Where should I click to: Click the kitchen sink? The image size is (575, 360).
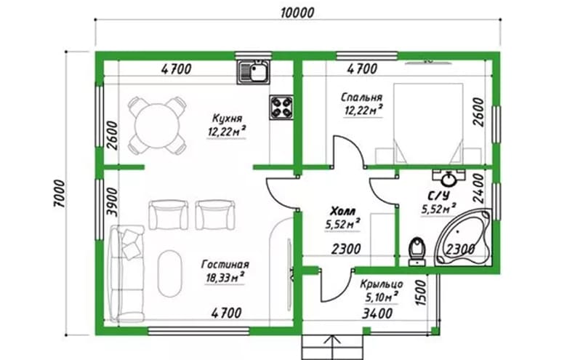click(x=254, y=71)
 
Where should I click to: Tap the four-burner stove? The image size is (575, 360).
click(x=281, y=107)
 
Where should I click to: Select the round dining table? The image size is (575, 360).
click(x=157, y=126)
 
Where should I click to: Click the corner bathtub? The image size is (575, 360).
click(x=464, y=237)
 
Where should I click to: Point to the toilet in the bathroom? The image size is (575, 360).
click(x=417, y=252)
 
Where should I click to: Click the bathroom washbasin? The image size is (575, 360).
click(x=449, y=178)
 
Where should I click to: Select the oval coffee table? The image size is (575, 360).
click(x=170, y=273)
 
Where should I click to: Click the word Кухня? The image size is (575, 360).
click(x=228, y=119)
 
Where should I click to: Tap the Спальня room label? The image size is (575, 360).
click(x=361, y=97)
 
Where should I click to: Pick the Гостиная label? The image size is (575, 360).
click(x=225, y=264)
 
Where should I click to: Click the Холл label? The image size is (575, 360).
click(x=342, y=212)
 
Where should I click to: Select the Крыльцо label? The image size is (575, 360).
click(x=382, y=284)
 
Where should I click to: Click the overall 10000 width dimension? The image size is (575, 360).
click(x=297, y=13)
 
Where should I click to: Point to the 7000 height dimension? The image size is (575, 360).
click(x=60, y=193)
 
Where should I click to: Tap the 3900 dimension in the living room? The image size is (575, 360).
click(x=113, y=202)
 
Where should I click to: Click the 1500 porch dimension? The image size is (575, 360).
click(x=422, y=293)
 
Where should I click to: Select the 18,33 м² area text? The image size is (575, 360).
click(x=225, y=277)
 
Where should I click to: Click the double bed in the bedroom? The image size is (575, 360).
click(x=428, y=124)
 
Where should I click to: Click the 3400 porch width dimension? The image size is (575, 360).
click(x=377, y=313)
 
